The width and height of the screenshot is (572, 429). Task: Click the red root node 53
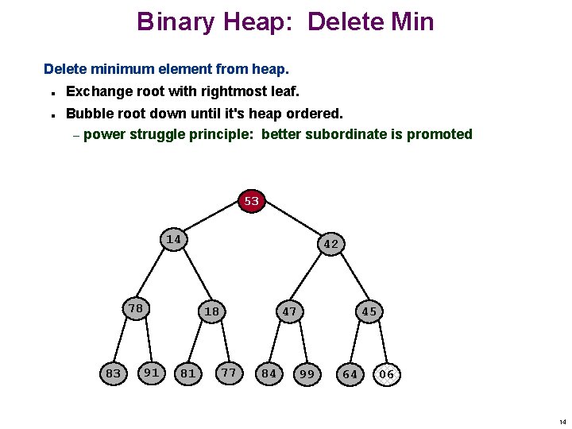[x=252, y=201]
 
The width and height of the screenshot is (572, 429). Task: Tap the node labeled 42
[x=331, y=244]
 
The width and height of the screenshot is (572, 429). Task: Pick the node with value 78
[x=136, y=308]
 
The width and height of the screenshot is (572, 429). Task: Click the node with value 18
[x=211, y=311]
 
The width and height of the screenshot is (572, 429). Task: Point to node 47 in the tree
[x=289, y=311]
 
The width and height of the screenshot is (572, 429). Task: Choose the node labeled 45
[x=369, y=311]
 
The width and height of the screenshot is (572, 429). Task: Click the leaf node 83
[x=114, y=373]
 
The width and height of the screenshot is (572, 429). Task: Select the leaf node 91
[x=151, y=371]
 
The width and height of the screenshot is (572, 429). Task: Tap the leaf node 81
[x=188, y=373]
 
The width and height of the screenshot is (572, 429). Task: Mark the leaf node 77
[x=229, y=371]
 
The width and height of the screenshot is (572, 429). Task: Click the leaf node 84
[x=269, y=373]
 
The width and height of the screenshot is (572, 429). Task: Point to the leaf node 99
[x=307, y=373]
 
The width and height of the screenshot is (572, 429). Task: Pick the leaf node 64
[x=350, y=373]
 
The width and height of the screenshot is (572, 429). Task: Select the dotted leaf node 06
[x=386, y=374]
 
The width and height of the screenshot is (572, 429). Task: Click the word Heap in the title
[x=265, y=21]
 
